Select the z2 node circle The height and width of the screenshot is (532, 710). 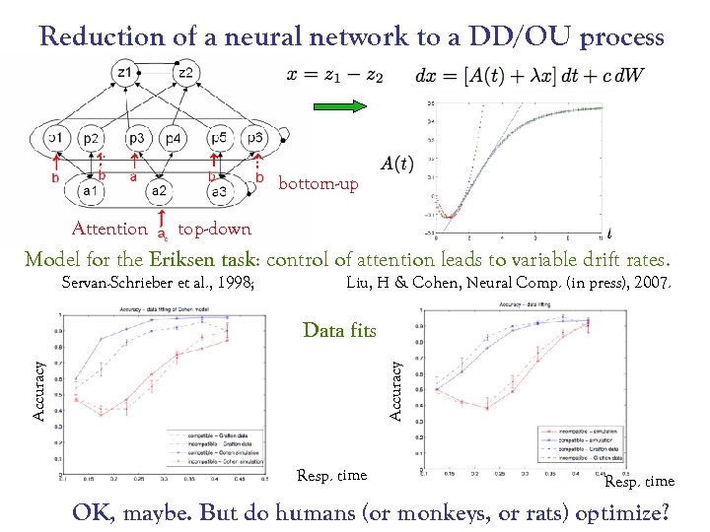(184, 72)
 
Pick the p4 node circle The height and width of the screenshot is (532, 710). (173, 138)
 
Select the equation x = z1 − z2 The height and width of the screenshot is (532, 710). (335, 74)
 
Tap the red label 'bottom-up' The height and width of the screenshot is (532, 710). (319, 184)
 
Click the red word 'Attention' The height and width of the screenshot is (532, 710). (109, 229)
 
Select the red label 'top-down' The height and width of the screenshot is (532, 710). (214, 229)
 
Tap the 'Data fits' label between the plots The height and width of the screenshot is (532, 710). (340, 330)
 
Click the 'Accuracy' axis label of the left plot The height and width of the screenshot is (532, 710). (40, 389)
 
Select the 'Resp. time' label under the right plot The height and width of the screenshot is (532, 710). (639, 482)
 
